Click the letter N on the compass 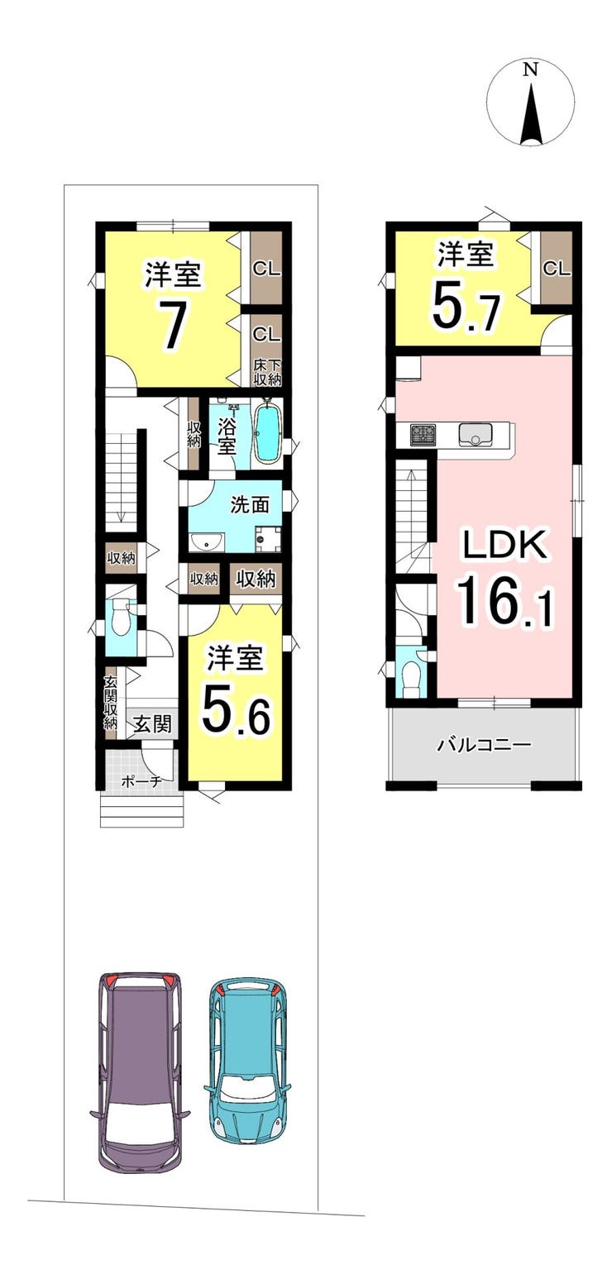pos(530,69)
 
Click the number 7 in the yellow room pos(172,327)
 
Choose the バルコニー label pos(483,745)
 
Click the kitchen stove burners pos(422,435)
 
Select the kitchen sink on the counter pos(476,435)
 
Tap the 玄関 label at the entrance pos(152,724)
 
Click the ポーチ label pos(141,781)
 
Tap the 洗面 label pos(250,504)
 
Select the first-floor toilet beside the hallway pos(119,618)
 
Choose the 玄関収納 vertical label pos(110,703)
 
